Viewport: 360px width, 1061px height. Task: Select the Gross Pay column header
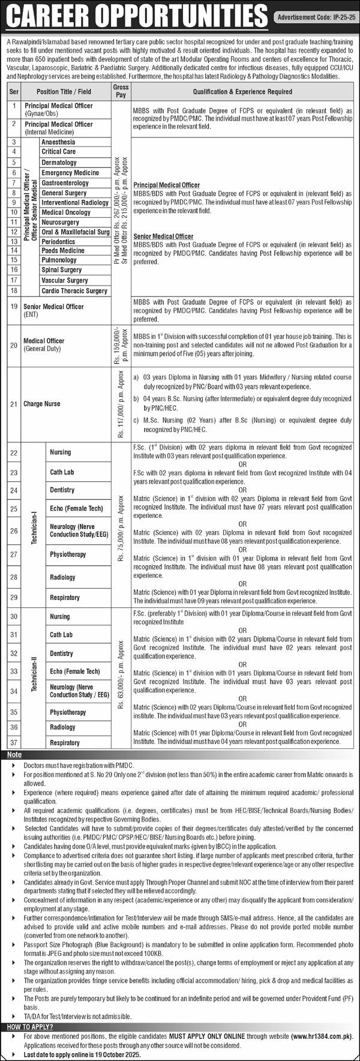(x=121, y=91)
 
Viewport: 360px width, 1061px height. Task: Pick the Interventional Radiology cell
(x=74, y=203)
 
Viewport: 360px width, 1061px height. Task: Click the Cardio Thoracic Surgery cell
(x=74, y=291)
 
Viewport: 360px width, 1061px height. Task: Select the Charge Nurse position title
(x=42, y=404)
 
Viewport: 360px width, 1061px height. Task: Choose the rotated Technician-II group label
(x=35, y=678)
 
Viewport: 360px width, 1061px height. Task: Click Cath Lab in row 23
(x=61, y=472)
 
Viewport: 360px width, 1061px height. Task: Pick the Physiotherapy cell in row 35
(x=68, y=712)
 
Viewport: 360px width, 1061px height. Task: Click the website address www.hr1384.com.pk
(x=321, y=1036)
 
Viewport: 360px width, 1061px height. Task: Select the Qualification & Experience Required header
(x=242, y=92)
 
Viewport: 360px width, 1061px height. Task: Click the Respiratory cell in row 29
(x=65, y=598)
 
